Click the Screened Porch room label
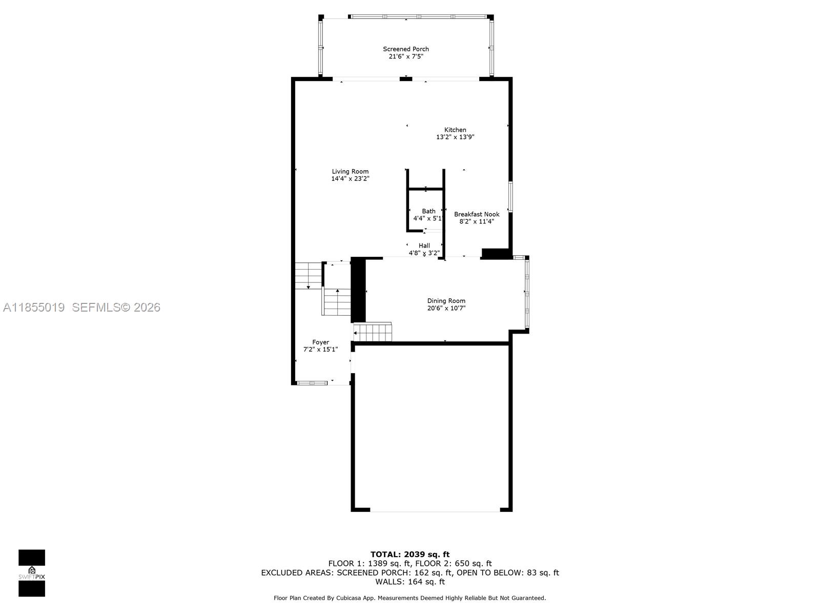tap(406, 49)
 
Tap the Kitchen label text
tap(455, 130)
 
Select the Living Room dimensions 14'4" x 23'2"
tap(350, 179)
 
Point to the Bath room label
tap(428, 211)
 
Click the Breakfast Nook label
tap(477, 214)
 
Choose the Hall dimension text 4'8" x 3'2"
tap(424, 253)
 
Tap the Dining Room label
tap(446, 301)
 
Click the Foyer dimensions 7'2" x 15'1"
tap(320, 350)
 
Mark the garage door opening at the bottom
tap(435, 510)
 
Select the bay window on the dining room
tap(526, 292)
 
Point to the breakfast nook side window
tap(510, 196)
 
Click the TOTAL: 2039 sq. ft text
tap(409, 554)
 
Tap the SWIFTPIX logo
tap(32, 572)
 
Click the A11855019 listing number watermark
tap(34, 307)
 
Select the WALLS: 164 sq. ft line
tap(409, 582)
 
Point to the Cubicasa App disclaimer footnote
tap(409, 598)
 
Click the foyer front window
tap(312, 383)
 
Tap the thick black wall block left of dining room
tap(358, 290)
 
